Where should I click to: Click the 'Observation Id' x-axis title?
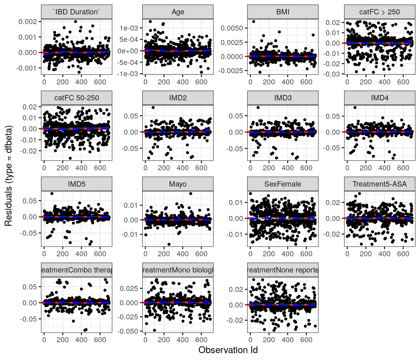coord(228,350)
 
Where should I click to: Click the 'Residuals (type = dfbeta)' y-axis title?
coord(8,176)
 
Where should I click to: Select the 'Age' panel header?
coord(178,12)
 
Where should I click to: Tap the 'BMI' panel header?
coord(283,12)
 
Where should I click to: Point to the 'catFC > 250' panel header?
coord(380,12)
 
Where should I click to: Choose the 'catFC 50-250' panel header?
coord(77,98)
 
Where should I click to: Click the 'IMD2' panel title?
coord(178,98)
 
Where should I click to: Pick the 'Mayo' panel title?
coord(178,184)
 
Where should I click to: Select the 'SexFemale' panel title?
coord(283,184)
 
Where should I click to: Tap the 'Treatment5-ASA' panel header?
coord(380,184)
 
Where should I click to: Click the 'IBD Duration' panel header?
coord(77,12)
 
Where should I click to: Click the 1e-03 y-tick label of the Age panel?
coord(128,28)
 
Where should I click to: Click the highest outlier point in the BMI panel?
coord(254,22)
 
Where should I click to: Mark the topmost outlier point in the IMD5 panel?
coord(52,193)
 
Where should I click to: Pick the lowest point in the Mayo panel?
coord(169,244)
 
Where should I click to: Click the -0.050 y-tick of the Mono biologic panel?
coord(127,331)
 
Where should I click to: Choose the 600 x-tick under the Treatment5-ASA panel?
coord(403,254)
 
